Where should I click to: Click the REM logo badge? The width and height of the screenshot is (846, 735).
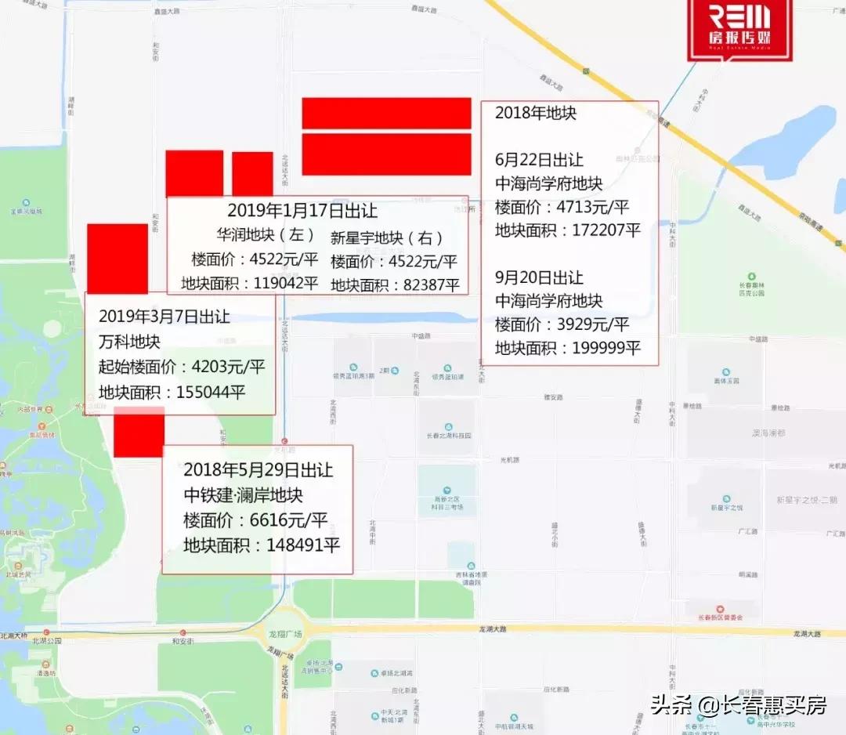tap(739, 28)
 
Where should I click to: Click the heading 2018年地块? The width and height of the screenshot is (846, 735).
tap(536, 113)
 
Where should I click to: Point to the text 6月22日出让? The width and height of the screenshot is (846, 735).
tap(539, 160)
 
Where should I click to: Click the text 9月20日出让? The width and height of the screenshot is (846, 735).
tap(539, 277)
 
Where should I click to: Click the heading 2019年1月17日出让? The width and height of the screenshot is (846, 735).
tap(302, 211)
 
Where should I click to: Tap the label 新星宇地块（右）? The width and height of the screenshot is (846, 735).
tap(387, 237)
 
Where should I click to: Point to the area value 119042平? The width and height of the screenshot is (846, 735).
tap(285, 283)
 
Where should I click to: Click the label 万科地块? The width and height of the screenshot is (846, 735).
tap(129, 342)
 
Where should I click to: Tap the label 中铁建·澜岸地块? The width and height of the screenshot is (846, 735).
tap(243, 495)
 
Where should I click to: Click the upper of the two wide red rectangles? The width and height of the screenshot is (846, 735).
tap(386, 113)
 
